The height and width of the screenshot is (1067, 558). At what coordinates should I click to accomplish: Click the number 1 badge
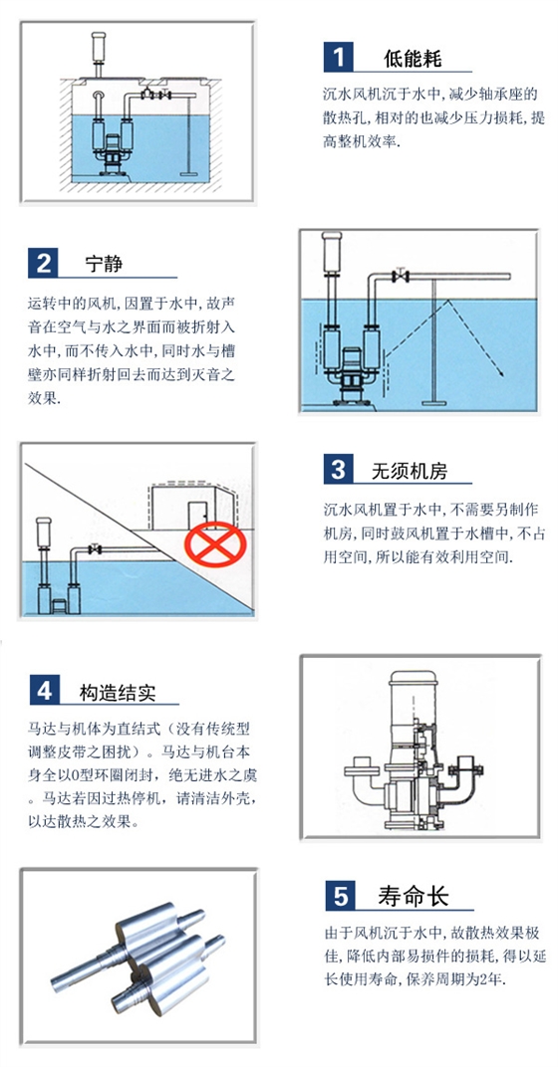click(339, 58)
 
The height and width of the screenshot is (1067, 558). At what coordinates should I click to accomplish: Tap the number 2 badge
click(44, 265)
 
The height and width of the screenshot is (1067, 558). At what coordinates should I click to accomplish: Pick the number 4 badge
click(44, 689)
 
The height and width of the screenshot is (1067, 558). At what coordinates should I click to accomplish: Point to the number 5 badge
click(339, 896)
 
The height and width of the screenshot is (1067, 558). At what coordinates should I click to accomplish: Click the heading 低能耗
click(413, 58)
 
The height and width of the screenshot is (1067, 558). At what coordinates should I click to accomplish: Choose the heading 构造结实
click(118, 691)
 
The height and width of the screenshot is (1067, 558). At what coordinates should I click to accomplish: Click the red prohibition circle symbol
click(212, 544)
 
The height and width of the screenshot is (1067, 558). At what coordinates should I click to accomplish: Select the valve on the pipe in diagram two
click(401, 275)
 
